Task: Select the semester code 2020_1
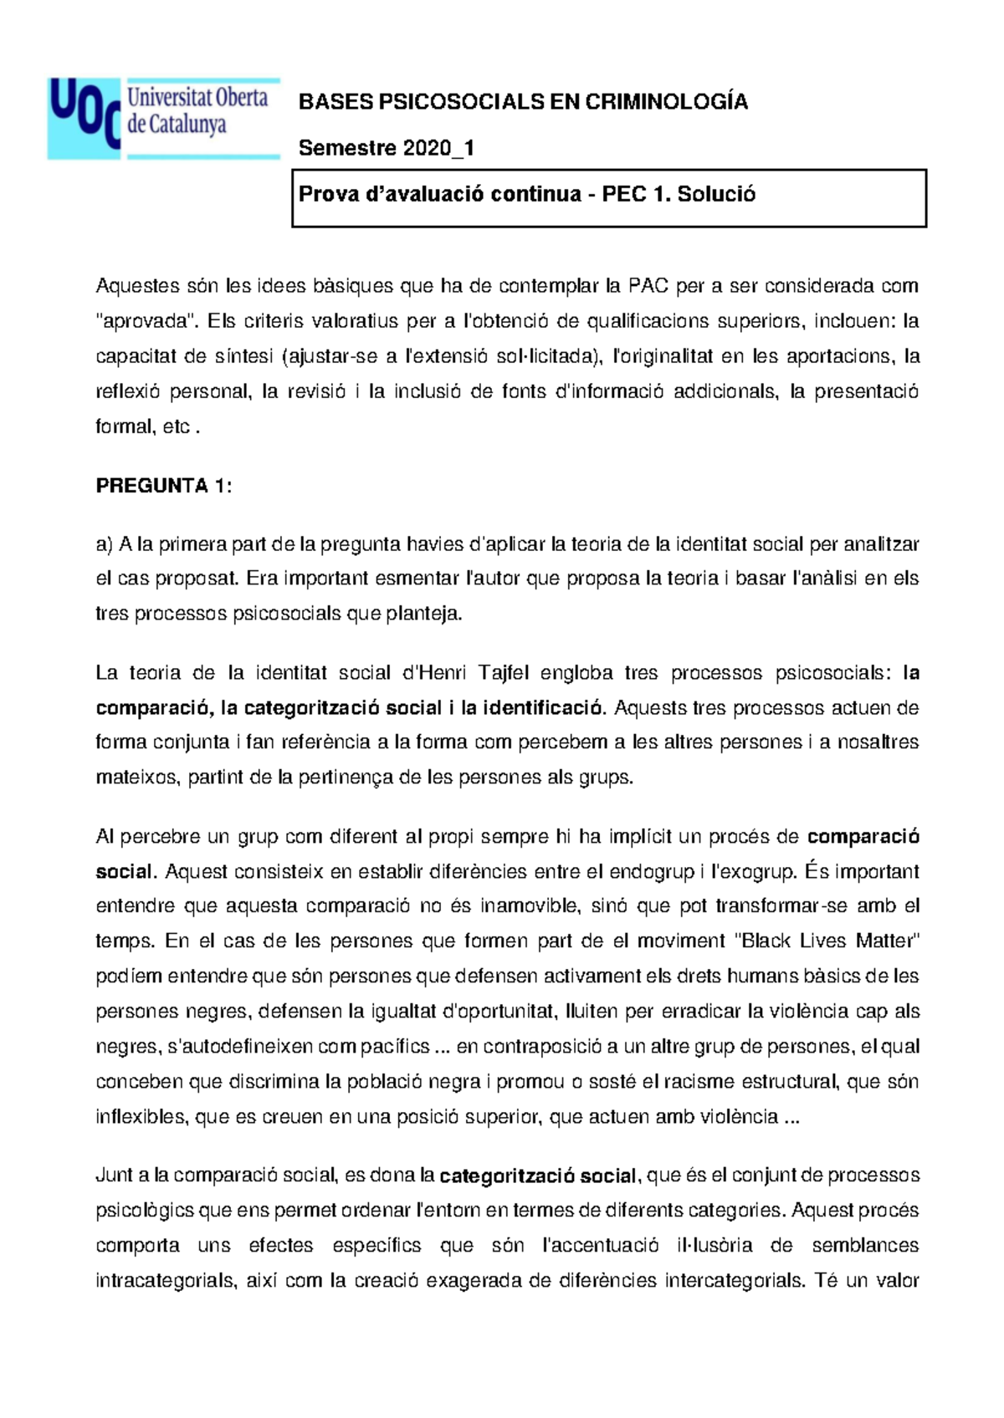[438, 149]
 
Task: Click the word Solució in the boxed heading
[716, 195]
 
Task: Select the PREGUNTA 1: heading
[164, 486]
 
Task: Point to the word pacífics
[397, 1047]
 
